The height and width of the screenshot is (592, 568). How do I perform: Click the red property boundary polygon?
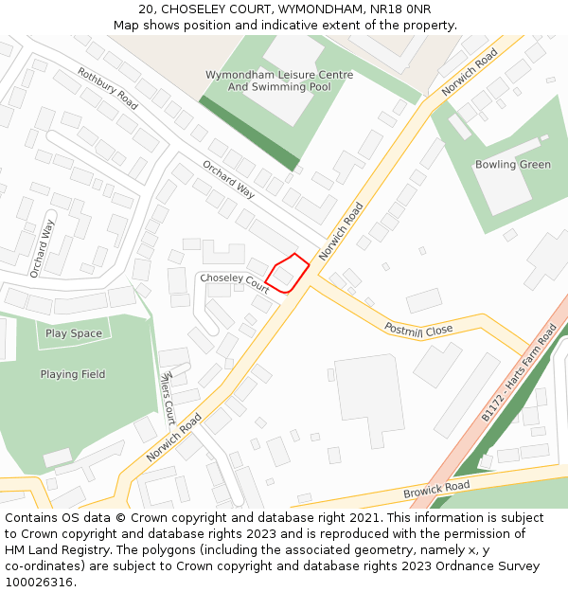pyautogui.click(x=287, y=273)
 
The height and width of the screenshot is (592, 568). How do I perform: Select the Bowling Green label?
pyautogui.click(x=512, y=165)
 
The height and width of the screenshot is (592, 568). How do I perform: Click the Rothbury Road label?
pyautogui.click(x=107, y=89)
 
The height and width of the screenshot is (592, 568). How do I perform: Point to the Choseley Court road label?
pyautogui.click(x=234, y=281)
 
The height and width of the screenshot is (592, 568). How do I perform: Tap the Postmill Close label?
pyautogui.click(x=418, y=329)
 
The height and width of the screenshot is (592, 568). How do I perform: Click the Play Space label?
pyautogui.click(x=74, y=333)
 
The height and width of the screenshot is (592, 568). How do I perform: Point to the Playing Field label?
pyautogui.click(x=73, y=374)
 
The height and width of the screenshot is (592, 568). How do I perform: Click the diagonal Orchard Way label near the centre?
pyautogui.click(x=228, y=179)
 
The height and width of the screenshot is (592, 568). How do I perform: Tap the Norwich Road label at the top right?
pyautogui.click(x=470, y=72)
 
